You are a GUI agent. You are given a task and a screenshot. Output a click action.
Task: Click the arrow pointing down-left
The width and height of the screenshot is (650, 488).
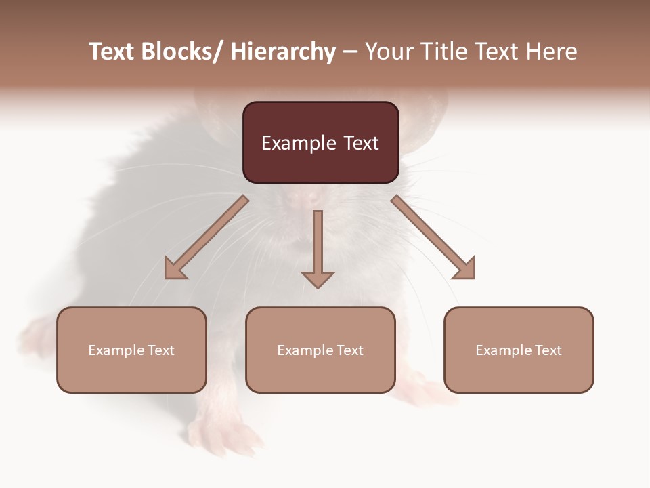coord(207,237)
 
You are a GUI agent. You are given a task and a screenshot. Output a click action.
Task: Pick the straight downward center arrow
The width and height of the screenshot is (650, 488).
coord(318,244)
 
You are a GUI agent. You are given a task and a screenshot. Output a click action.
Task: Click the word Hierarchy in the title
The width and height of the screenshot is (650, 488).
coord(283,52)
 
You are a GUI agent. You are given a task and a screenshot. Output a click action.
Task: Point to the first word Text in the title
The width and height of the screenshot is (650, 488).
coord(112,52)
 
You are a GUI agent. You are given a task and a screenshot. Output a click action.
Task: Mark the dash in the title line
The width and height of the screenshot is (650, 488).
coord(350,53)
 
